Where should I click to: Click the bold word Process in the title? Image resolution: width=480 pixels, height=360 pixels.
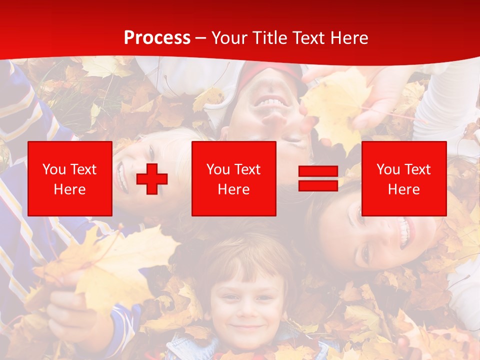[157, 38]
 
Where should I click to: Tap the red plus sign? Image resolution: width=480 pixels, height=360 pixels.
[152, 179]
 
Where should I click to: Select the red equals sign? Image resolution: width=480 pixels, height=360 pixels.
[318, 179]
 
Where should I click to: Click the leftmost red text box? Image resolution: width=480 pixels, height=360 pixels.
[70, 178]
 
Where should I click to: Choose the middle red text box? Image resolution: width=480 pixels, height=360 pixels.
[233, 178]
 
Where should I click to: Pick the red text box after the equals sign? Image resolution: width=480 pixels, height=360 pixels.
[403, 178]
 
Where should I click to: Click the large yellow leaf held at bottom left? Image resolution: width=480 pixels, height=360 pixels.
[115, 265]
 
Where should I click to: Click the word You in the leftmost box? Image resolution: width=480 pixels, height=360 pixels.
[54, 169]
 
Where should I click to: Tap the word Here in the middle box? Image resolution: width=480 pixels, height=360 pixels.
[233, 189]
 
